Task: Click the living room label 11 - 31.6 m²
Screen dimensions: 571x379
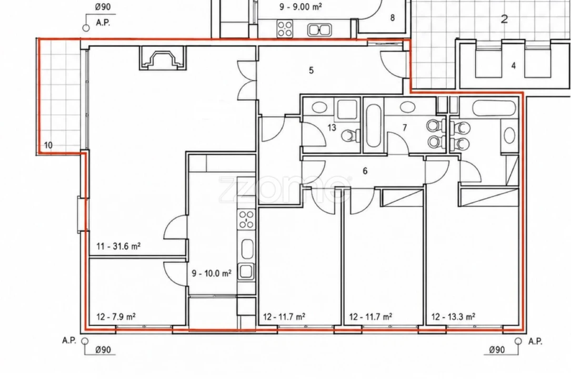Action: pyautogui.click(x=118, y=246)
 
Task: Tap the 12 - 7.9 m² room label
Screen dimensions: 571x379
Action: pyautogui.click(x=116, y=317)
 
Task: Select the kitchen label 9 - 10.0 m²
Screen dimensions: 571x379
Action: pyautogui.click(x=212, y=273)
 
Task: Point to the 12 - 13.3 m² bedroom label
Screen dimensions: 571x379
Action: pyautogui.click(x=453, y=317)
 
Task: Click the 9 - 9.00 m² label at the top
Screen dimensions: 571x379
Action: pyautogui.click(x=300, y=6)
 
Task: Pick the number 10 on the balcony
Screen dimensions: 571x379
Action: pyautogui.click(x=48, y=145)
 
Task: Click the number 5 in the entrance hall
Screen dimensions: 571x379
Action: pyautogui.click(x=311, y=70)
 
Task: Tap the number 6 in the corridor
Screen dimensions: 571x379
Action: pyautogui.click(x=365, y=171)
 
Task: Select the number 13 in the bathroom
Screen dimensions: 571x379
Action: pyautogui.click(x=332, y=128)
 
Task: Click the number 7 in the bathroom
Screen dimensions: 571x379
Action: pyautogui.click(x=405, y=128)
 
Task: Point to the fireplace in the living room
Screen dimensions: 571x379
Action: pyautogui.click(x=163, y=58)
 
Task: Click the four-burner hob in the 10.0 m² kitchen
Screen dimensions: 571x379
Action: pyautogui.click(x=246, y=220)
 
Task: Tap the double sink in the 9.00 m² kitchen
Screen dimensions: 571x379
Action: pyautogui.click(x=319, y=29)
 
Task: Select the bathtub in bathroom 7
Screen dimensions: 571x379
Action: pyautogui.click(x=373, y=126)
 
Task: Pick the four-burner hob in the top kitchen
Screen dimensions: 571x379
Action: pyautogui.click(x=285, y=29)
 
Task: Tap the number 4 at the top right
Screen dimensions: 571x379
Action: pyautogui.click(x=514, y=66)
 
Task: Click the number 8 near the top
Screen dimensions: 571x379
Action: pyautogui.click(x=392, y=17)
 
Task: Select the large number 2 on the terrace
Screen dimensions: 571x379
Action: pyautogui.click(x=504, y=19)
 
